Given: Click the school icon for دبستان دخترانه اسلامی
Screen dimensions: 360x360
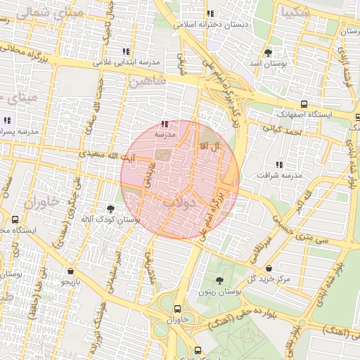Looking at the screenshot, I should point(210,13).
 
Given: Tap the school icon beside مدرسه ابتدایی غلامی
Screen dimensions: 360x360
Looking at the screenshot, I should point(126,51).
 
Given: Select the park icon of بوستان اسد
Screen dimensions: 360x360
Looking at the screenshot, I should point(268,53).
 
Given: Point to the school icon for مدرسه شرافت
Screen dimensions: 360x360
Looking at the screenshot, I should point(279,164).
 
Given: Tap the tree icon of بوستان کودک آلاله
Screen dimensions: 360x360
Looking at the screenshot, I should point(110,208).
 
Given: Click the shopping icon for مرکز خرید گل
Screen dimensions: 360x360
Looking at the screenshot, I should point(269,268).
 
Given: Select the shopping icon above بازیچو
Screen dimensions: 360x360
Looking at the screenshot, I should point(71,271).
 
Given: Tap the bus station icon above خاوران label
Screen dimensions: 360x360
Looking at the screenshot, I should point(176,308).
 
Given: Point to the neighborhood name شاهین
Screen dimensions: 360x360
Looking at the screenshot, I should point(147,82).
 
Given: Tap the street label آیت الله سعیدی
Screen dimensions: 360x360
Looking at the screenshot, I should point(106,153).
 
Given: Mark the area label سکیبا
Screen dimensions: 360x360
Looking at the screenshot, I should point(292,12).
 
